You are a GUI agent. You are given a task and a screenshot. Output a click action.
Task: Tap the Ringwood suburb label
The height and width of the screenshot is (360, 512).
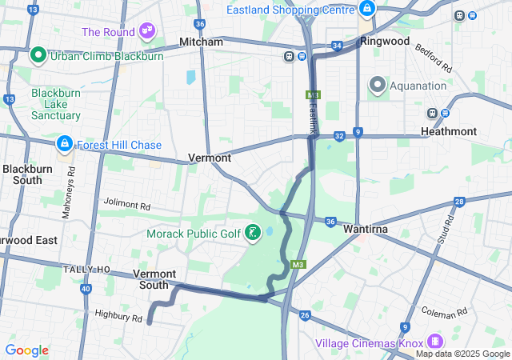tap(385, 40)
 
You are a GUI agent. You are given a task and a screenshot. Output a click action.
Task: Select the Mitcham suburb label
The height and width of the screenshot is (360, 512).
tap(201, 41)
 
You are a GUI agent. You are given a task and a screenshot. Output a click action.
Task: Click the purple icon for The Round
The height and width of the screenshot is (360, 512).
tap(146, 31)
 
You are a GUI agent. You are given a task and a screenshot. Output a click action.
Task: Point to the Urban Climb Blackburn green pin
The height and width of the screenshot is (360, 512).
tap(37, 56)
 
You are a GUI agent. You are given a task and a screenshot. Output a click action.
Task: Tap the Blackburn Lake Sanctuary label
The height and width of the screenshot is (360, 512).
tap(56, 104)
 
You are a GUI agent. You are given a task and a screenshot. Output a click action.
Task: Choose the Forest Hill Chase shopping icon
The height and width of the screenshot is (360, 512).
tap(63, 144)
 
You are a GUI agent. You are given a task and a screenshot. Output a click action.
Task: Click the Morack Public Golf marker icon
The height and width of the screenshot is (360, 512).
tap(254, 233)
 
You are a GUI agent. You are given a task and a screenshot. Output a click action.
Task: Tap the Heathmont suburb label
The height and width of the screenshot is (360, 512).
tap(449, 131)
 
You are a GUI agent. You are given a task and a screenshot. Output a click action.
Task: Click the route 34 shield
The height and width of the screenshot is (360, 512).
tap(337, 46)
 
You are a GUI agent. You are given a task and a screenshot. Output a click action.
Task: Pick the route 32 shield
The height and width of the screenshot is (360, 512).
tap(340, 136)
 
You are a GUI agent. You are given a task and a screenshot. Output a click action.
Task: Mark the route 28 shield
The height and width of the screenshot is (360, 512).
tap(459, 202)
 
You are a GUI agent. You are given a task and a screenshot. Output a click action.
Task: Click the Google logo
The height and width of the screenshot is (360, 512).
tap(26, 350)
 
